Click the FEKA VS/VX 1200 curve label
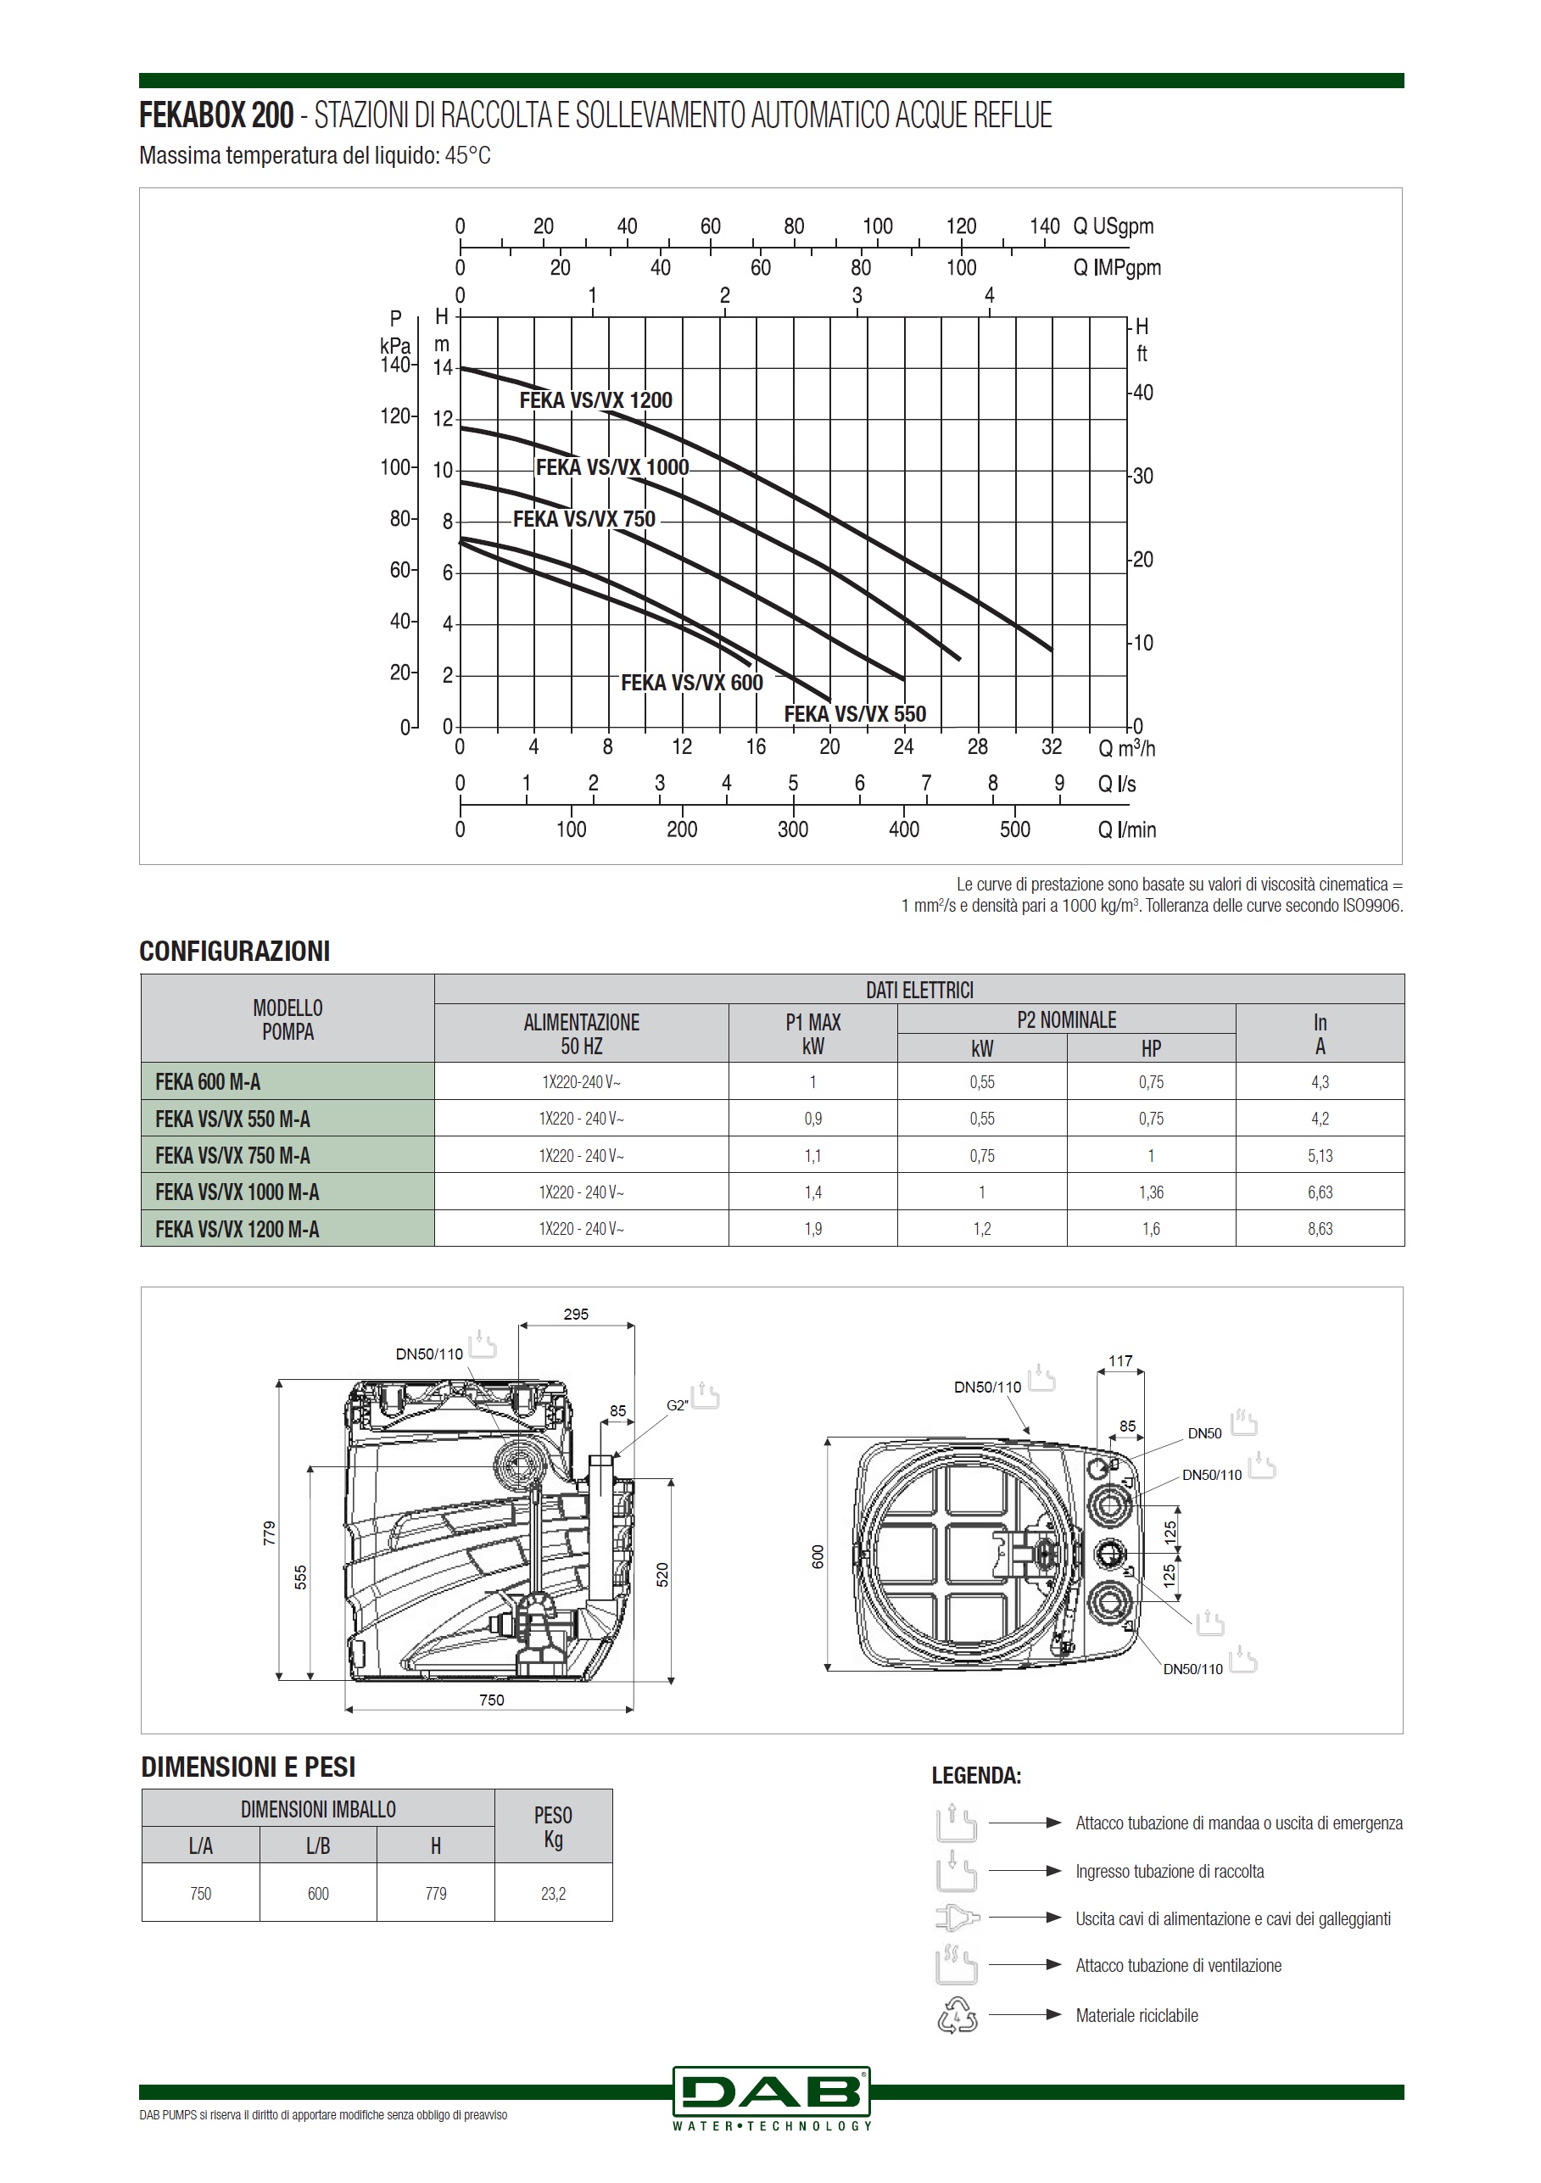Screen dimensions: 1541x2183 tap(595, 400)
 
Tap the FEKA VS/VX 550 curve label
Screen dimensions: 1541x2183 tap(855, 714)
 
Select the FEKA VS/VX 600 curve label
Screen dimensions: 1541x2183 tap(692, 683)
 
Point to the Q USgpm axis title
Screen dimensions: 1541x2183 tap(1114, 226)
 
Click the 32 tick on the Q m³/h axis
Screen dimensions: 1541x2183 tap(1052, 747)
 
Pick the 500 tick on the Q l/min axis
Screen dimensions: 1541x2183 tap(1015, 829)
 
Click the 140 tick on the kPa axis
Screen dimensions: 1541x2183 tap(394, 364)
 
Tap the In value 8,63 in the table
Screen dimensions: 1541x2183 tap(1320, 1228)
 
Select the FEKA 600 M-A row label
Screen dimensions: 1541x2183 tap(207, 1082)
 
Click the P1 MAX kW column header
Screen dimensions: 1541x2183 tap(812, 1034)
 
